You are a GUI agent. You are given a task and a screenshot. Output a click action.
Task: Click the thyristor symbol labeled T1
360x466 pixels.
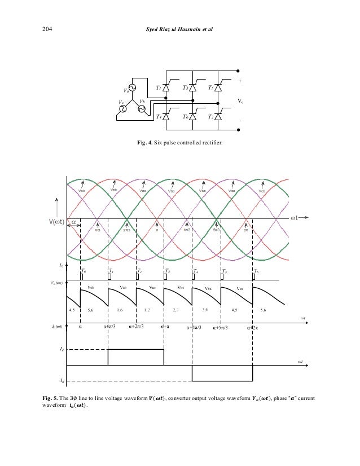[x=166, y=88]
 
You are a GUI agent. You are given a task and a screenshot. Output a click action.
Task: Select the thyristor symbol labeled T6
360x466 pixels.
[x=193, y=116]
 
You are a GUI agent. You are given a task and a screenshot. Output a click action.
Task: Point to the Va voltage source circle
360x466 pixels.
[x=134, y=87]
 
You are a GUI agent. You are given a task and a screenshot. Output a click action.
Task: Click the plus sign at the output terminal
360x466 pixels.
[x=240, y=81]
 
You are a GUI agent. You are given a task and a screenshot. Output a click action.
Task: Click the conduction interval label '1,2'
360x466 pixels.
[x=147, y=309]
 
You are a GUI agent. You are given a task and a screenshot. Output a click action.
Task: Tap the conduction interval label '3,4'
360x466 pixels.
[x=204, y=309]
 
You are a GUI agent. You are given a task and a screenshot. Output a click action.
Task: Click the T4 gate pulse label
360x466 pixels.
[x=196, y=271]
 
